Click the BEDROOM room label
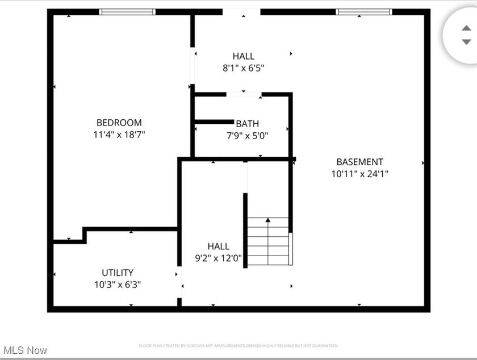(119, 123)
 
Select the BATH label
(247, 124)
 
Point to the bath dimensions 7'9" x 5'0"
(247, 136)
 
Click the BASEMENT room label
(359, 162)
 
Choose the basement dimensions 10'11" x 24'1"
(359, 174)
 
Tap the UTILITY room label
(118, 273)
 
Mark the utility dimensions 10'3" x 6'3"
(118, 284)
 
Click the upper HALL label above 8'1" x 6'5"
(243, 56)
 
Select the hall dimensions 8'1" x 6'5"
(243, 68)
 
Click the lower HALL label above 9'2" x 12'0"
(218, 246)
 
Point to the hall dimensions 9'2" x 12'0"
(218, 259)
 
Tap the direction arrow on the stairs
(268, 219)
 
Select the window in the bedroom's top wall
(127, 11)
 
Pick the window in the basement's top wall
(363, 11)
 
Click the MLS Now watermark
(24, 350)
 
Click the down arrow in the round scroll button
(466, 42)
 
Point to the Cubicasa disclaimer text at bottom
(238, 345)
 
